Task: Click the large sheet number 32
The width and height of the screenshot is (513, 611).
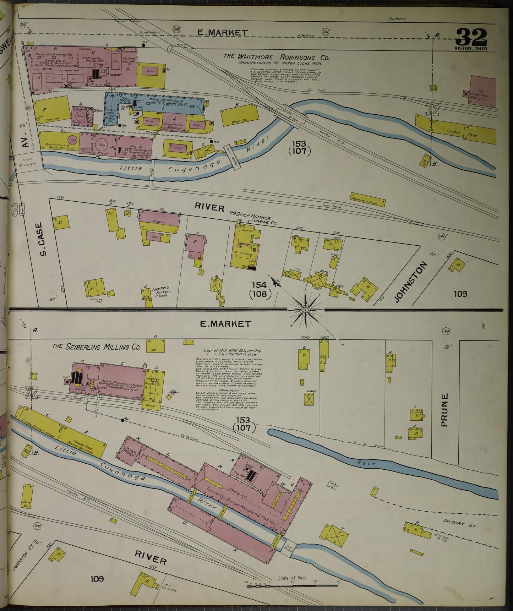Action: (471, 37)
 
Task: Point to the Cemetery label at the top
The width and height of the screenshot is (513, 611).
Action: (397, 19)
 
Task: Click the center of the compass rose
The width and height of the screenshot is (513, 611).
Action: (305, 310)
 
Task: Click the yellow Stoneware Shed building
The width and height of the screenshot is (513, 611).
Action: (368, 200)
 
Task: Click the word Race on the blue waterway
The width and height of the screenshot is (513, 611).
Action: (369, 463)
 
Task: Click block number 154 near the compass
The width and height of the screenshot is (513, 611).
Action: (261, 285)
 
